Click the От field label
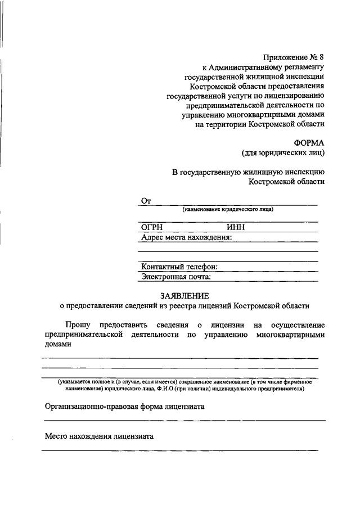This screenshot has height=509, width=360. pos(147,201)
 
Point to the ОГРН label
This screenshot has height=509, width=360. pos(154,228)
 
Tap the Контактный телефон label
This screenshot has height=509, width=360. pos(179,267)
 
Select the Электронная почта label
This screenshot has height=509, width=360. pos(176,276)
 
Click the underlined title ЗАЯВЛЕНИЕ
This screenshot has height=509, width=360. pos(184,295)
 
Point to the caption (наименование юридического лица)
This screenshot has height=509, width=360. pos(228,209)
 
